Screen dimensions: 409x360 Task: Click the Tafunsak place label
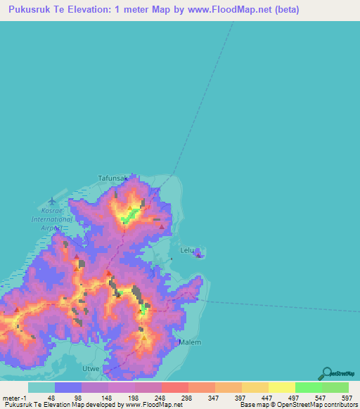point(112,178)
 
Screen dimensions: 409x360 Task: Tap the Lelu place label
point(186,249)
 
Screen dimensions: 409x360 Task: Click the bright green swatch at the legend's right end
point(335,387)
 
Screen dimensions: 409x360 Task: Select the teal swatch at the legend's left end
point(41,387)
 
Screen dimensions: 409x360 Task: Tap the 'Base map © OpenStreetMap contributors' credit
point(297,404)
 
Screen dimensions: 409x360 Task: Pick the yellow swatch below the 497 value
point(281,387)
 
